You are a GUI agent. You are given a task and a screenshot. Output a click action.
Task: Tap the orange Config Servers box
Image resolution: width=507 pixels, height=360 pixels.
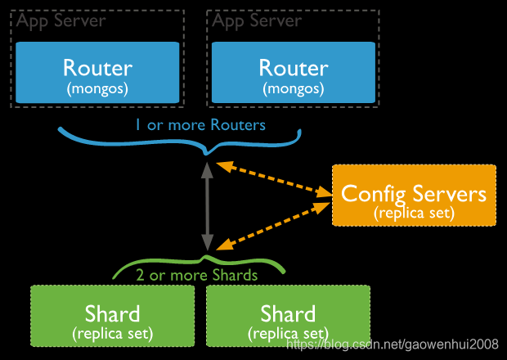pos(414,196)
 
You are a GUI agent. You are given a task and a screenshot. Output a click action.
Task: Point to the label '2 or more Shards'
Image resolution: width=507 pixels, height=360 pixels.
pos(197,275)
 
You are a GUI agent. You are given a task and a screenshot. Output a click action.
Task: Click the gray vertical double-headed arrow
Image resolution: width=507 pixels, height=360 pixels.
pos(208,205)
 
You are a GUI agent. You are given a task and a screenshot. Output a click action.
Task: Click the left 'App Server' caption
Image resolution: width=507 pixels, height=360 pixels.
pos(61,20)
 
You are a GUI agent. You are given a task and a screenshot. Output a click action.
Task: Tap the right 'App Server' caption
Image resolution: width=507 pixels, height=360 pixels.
pos(257,20)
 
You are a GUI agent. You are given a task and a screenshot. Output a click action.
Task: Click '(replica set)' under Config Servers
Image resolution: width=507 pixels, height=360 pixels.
pos(414,212)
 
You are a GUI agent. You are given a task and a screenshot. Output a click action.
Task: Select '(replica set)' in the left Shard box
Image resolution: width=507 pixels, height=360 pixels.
pos(113,334)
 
